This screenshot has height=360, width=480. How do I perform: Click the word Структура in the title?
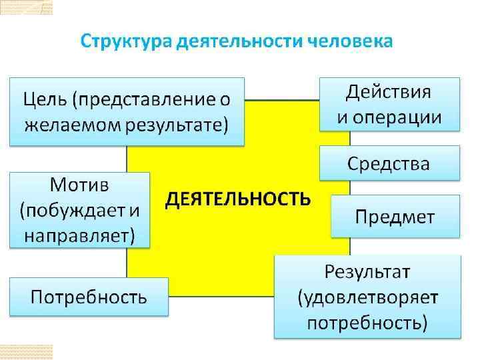[x=124, y=41]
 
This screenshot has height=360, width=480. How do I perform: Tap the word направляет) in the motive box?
[x=79, y=235]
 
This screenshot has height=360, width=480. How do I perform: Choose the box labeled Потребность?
[x=89, y=297]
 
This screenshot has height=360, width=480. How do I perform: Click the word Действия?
[x=389, y=92]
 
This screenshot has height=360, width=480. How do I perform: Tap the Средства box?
[x=389, y=163]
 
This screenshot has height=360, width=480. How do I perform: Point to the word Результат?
[x=367, y=273]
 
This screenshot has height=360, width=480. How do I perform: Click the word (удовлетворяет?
[x=367, y=298]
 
